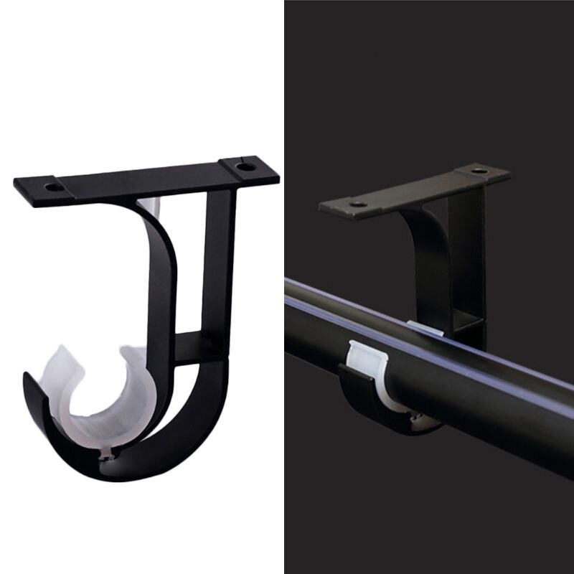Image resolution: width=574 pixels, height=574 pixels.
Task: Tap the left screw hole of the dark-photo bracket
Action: tap(357, 204)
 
